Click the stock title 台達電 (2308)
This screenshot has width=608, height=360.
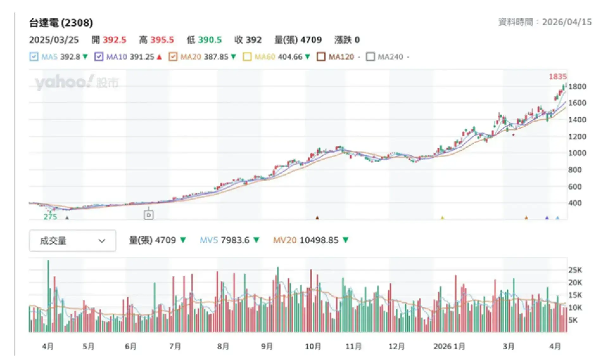click(x=61, y=23)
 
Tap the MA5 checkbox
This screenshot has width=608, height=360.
click(x=34, y=57)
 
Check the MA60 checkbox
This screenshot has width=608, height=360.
click(x=247, y=57)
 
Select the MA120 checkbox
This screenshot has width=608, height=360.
click(x=321, y=57)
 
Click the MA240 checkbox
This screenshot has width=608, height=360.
click(x=370, y=57)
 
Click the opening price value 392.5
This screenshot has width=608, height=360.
click(x=114, y=40)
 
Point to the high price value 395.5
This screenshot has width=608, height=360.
click(x=162, y=40)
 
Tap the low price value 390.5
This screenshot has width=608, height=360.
click(x=210, y=40)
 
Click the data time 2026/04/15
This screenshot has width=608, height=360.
click(x=567, y=22)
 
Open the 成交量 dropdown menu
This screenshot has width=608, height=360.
click(x=72, y=241)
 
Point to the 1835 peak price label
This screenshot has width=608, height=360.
click(x=557, y=77)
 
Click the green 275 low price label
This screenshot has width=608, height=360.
click(x=50, y=217)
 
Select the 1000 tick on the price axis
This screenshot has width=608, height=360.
click(x=577, y=153)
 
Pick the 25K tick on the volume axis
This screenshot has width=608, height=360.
click(x=575, y=270)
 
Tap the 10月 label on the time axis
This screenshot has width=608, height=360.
click(x=313, y=346)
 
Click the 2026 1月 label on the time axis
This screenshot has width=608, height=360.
click(x=449, y=346)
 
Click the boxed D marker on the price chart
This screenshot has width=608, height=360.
click(x=149, y=215)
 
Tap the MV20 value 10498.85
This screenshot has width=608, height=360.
click(x=319, y=240)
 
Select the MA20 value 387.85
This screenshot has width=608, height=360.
click(x=216, y=57)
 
